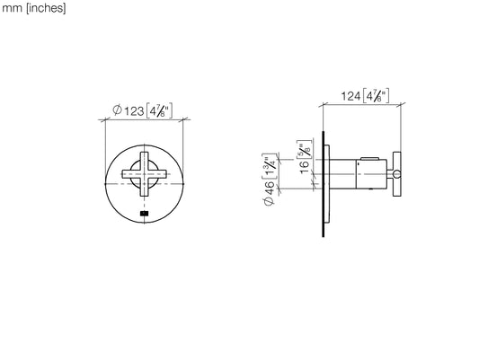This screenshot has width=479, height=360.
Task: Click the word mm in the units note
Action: click(12, 8)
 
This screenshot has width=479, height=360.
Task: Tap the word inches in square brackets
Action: click(46, 8)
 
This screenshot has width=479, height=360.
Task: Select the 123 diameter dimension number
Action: click(134, 111)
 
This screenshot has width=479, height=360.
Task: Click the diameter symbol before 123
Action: click(117, 110)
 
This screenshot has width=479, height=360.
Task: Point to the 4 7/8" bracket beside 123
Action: click(159, 110)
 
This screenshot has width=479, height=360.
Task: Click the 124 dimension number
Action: click(350, 96)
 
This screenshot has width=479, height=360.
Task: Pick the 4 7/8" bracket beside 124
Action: click(376, 96)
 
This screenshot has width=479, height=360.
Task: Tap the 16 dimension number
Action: click(305, 168)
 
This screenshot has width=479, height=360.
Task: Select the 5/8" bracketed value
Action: click(305, 149)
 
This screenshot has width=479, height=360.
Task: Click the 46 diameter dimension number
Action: click(270, 188)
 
